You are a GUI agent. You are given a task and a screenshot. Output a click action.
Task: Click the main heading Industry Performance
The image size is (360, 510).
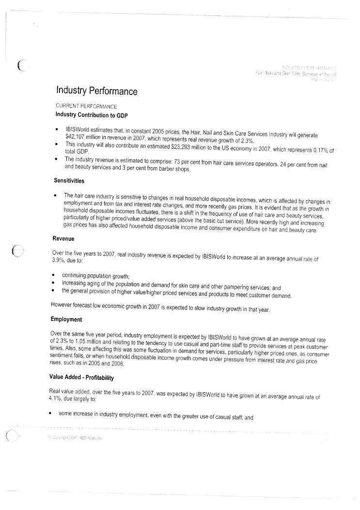97,91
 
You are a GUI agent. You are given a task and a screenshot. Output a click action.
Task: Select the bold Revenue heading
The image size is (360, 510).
63,239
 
